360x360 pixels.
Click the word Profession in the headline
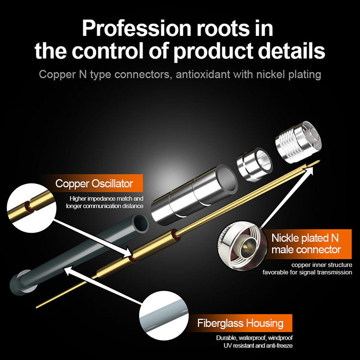tap(137, 28)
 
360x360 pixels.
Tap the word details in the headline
tap(292, 50)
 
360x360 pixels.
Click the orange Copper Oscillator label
tap(94, 183)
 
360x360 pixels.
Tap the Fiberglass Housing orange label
tap(240, 323)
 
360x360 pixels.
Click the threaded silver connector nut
tap(298, 142)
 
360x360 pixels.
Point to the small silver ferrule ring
tap(254, 164)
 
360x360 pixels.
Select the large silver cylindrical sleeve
tap(194, 194)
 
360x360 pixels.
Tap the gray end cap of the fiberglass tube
tap(23, 283)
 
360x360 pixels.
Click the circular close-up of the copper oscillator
tap(31, 208)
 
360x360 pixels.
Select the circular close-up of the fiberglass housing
tap(164, 316)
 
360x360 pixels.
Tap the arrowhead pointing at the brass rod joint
tap(127, 253)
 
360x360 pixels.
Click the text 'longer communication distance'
tap(105, 206)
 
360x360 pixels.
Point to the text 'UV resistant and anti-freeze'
tap(258, 345)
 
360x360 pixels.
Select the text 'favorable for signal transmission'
tap(307, 272)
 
